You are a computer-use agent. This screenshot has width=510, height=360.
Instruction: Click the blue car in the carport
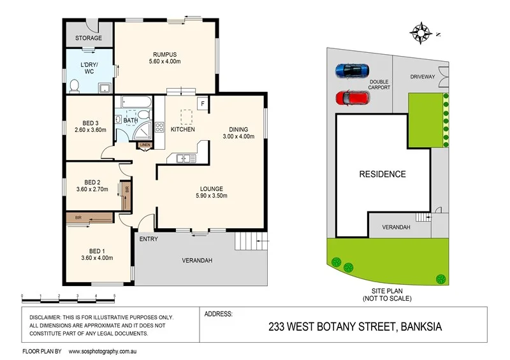352,69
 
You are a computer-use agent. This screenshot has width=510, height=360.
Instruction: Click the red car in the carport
352,98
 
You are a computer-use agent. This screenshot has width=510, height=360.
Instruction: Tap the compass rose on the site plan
421,31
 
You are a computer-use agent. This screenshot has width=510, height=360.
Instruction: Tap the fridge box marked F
202,103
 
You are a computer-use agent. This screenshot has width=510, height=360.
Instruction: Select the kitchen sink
181,158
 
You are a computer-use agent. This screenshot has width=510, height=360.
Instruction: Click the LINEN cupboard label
145,145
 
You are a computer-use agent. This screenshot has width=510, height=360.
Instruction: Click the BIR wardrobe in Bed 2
127,189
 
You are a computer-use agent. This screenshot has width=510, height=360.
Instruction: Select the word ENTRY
148,239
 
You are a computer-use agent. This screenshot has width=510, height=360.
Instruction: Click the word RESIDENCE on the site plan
382,174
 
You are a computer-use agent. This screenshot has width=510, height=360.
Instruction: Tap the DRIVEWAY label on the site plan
422,77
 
